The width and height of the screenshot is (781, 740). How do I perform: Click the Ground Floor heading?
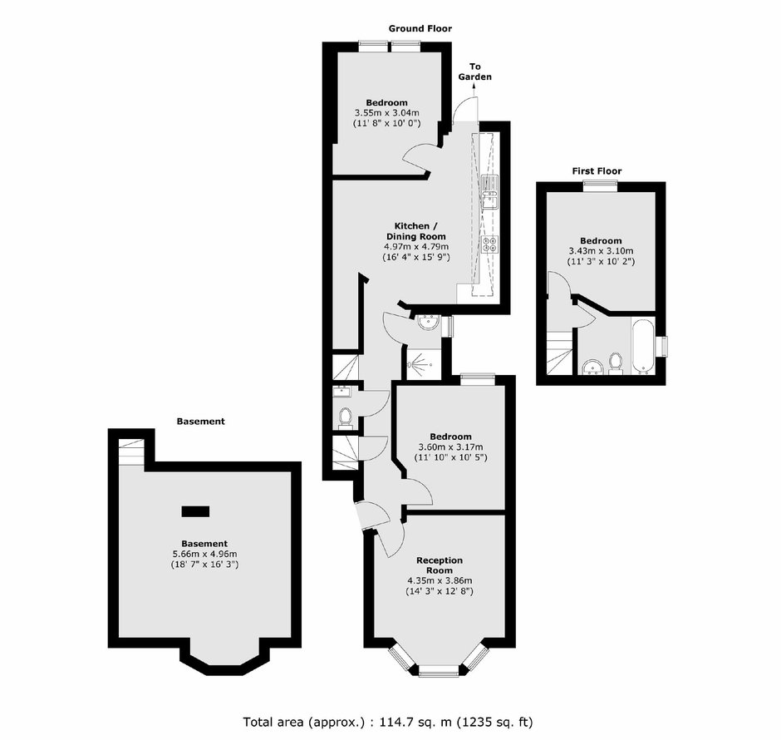pos(420,28)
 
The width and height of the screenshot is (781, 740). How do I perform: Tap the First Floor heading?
pos(597,171)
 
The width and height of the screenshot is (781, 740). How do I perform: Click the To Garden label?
pos(474,72)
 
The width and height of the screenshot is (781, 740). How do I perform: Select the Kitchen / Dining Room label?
pos(416,231)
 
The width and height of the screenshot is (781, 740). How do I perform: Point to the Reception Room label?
pos(440,565)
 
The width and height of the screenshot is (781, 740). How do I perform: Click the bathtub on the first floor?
pos(643,345)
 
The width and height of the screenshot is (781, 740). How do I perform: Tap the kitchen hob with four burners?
pos(490,244)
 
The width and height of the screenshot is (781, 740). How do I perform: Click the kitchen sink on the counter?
pos(489,191)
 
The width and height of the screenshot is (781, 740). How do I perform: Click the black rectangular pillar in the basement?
pos(195,511)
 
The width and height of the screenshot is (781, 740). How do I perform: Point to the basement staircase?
pos(131,451)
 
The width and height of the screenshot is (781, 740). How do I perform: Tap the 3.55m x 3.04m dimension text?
pos(386,112)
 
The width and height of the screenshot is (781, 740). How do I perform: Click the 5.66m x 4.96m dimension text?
pos(204,554)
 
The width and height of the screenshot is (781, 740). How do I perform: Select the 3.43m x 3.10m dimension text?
pos(602,250)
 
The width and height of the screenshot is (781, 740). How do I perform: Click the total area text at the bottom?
pos(387,722)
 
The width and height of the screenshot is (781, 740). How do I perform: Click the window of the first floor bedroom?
pos(601,185)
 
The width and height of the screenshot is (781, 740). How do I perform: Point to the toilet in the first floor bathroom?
pos(616,363)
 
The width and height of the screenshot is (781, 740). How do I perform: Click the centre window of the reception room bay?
pos(439,671)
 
